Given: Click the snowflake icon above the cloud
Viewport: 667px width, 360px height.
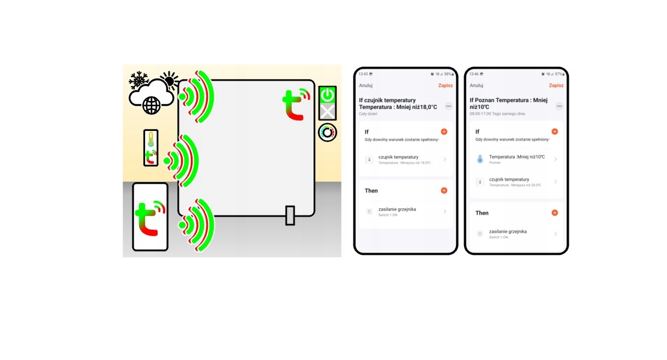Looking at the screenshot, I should coord(139,80).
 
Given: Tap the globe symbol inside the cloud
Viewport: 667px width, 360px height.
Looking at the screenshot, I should coord(151,105).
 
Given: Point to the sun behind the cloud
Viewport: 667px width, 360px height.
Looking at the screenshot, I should coord(169,81).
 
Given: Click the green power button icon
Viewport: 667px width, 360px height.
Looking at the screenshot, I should coord(327,95).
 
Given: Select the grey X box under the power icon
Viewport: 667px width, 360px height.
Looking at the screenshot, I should coord(327,112).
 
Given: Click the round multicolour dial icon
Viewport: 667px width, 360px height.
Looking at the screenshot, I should coord(327,132).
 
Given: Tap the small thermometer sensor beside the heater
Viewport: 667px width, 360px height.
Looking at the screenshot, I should coord(151,148).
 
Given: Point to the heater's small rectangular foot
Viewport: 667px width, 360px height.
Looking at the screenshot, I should coord(290,215).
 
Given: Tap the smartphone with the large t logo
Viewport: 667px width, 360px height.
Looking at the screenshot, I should coord(150,217).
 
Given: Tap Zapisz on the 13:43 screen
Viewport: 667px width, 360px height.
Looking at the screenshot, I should coord(445,86).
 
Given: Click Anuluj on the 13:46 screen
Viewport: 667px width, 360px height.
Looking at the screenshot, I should coord(477,86).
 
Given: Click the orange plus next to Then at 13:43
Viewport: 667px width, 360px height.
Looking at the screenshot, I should coord(444,190).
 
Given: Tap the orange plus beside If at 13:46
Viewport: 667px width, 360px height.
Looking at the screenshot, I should coord(555,131).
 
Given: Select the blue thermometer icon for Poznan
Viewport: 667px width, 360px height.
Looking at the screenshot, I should coord(480,159).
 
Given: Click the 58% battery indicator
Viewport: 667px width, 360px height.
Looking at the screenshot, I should coord(448,74).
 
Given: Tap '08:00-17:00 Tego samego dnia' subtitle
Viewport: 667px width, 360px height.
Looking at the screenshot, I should coord(497,114).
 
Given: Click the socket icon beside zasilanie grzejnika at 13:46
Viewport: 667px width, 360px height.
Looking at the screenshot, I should coord(480,233).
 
